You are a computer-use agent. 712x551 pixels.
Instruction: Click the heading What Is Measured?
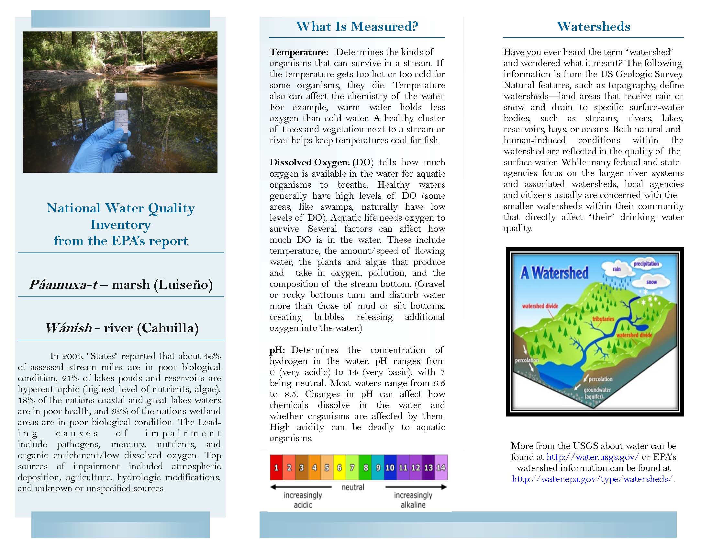pos(357,27)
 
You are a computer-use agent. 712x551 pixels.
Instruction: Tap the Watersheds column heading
pos(593,27)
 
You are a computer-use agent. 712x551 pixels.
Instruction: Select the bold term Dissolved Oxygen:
pos(309,163)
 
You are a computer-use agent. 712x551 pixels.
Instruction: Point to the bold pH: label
pos(277,350)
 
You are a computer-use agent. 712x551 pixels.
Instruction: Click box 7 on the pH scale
pos(352,467)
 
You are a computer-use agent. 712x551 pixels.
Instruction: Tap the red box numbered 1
pos(276,467)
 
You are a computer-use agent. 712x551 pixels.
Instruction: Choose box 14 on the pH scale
pos(441,467)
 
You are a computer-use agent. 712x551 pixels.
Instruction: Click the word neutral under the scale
pos(353,487)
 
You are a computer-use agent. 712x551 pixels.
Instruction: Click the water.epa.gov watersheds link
pos(592,479)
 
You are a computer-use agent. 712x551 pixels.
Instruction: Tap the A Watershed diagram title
pos(554,273)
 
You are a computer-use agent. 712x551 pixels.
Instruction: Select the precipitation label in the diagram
pos(646,264)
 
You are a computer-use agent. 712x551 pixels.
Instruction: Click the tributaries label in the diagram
pos(603,319)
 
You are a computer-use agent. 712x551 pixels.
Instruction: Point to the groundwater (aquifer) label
pos(597,393)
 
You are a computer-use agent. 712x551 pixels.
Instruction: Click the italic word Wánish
pos(69,328)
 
